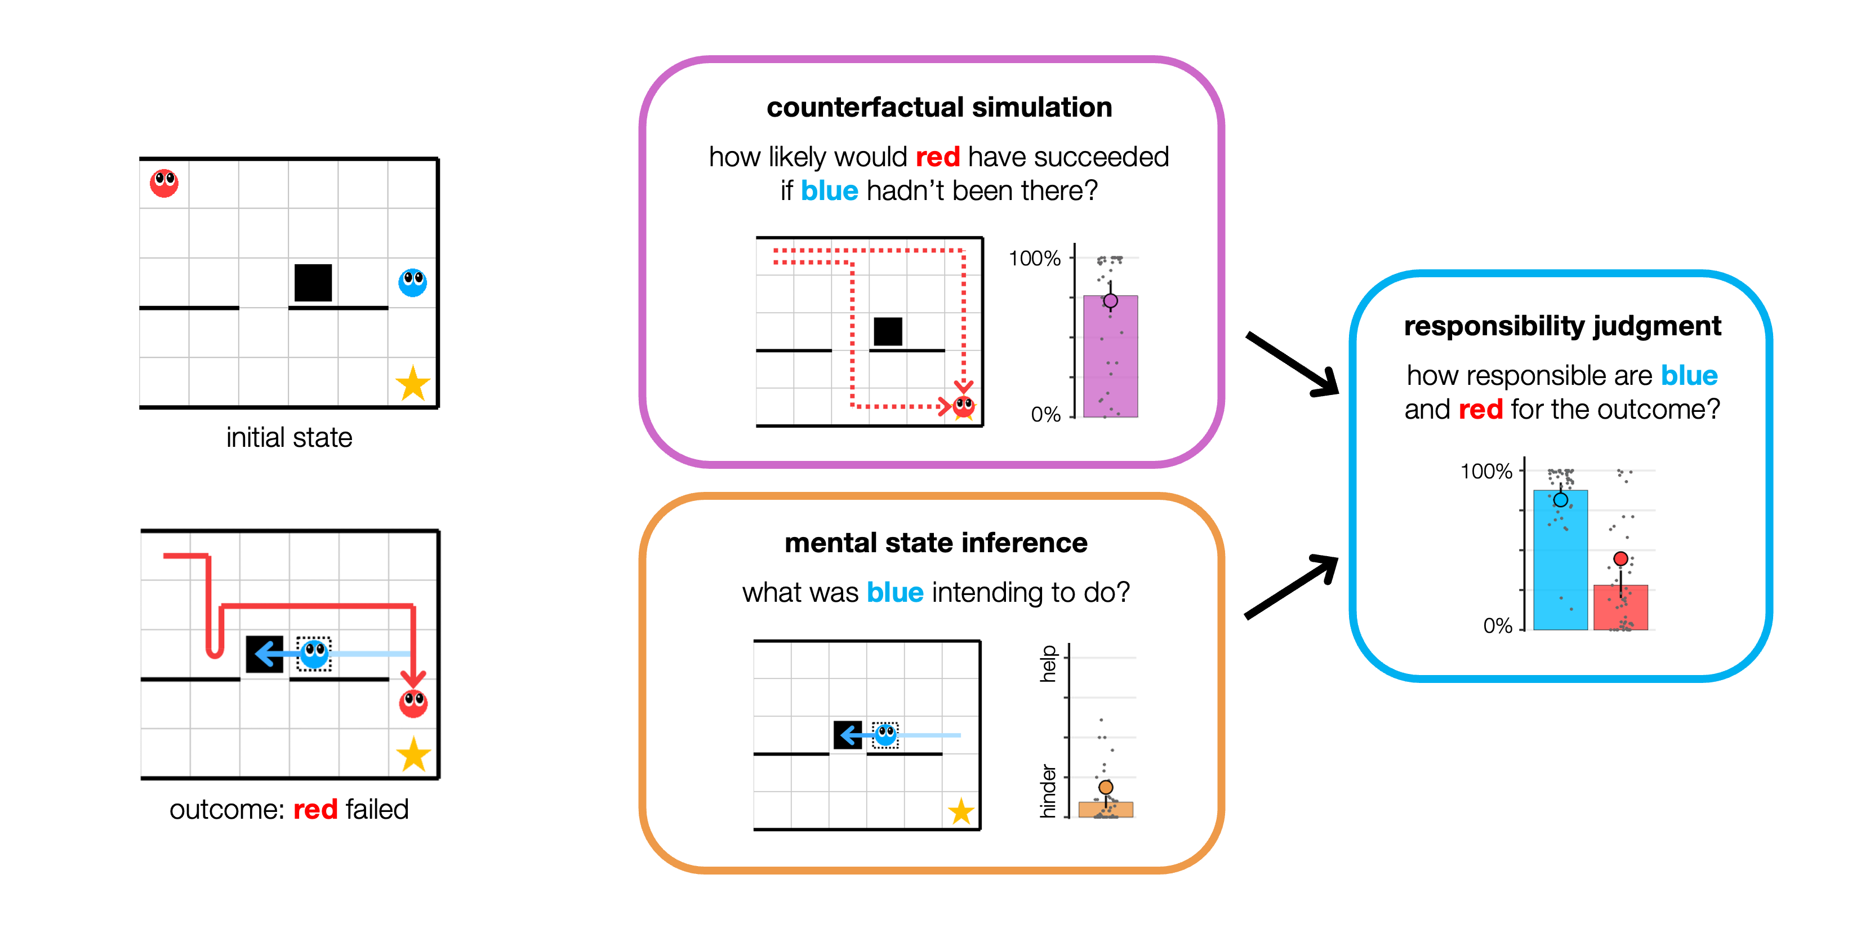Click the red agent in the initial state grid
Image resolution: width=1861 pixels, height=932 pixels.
tap(164, 183)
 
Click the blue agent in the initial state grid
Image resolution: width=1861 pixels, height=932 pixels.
tap(412, 282)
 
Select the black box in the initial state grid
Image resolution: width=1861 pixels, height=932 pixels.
tap(313, 282)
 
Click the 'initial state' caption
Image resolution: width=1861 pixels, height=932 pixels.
tap(289, 438)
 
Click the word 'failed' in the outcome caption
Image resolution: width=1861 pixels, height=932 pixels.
tap(377, 809)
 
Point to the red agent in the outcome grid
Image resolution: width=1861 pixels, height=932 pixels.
tap(413, 702)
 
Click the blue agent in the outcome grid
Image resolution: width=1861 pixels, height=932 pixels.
tap(314, 654)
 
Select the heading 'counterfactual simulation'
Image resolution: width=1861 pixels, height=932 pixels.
tap(939, 107)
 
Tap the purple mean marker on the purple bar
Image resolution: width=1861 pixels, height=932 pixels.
tap(1110, 300)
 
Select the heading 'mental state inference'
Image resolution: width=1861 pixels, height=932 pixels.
tap(936, 543)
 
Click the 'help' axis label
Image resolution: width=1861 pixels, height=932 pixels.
tap(1048, 663)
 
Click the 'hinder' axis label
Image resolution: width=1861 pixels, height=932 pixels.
tap(1048, 791)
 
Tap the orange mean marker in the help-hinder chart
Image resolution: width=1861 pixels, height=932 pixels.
tap(1105, 787)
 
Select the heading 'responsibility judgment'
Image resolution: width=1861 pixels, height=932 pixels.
tap(1562, 326)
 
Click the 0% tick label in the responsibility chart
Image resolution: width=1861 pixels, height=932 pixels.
tap(1497, 625)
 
